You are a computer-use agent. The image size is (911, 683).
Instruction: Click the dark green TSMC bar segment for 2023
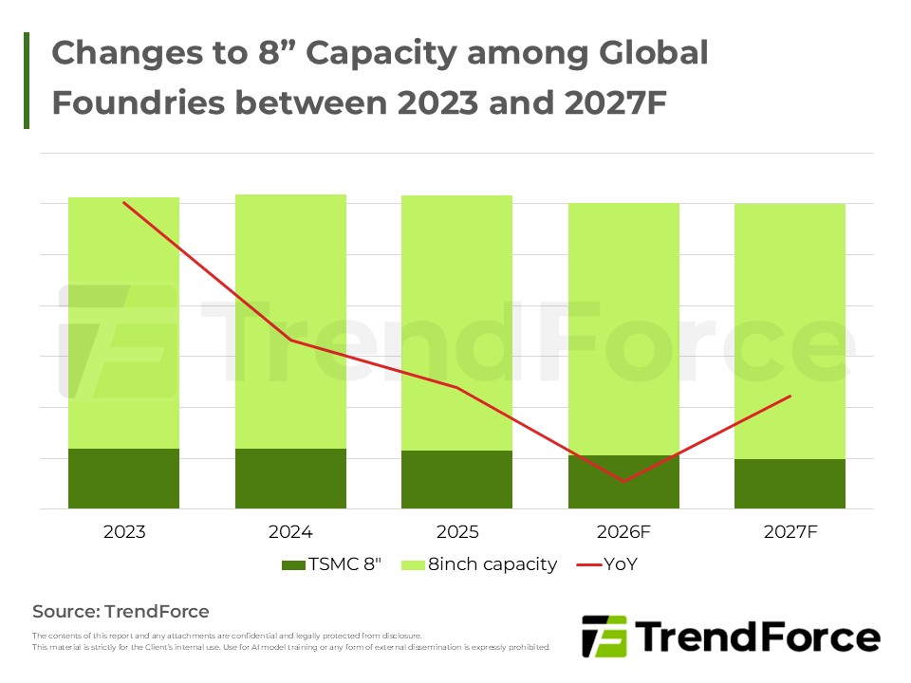pyautogui.click(x=124, y=478)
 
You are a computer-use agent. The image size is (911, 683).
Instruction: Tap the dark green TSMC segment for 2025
pyautogui.click(x=456, y=479)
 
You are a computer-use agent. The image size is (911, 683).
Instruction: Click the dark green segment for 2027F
pyautogui.click(x=790, y=484)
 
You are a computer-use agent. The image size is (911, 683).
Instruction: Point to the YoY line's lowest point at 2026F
pyautogui.click(x=623, y=482)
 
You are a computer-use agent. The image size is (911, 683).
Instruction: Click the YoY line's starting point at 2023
pyautogui.click(x=124, y=202)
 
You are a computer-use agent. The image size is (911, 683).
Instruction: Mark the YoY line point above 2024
pyautogui.click(x=290, y=340)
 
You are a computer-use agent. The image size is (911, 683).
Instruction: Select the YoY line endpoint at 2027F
pyautogui.click(x=790, y=396)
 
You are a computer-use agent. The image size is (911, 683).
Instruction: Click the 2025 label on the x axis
pyautogui.click(x=456, y=532)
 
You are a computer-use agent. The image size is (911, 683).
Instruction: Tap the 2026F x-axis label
pyautogui.click(x=623, y=532)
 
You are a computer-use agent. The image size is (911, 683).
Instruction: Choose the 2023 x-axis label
pyautogui.click(x=124, y=532)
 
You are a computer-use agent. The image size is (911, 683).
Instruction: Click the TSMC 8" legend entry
pyautogui.click(x=332, y=564)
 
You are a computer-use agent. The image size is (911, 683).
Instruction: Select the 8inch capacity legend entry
pyautogui.click(x=479, y=564)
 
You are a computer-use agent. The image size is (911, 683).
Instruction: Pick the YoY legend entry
pyautogui.click(x=607, y=564)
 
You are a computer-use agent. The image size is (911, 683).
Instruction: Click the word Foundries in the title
pyautogui.click(x=132, y=102)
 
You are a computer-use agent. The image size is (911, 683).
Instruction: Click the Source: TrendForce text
pyautogui.click(x=121, y=611)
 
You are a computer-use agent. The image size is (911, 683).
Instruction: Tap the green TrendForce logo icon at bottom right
pyautogui.click(x=604, y=636)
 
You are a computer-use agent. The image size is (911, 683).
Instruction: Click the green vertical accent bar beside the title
pyautogui.click(x=27, y=81)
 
